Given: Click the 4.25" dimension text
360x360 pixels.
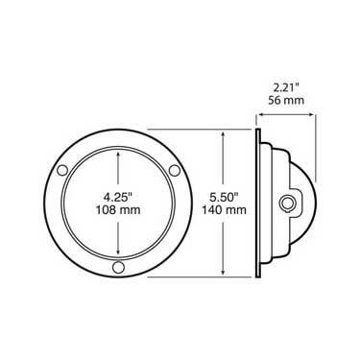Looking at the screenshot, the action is pyautogui.click(x=118, y=197).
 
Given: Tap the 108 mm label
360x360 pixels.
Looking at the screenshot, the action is pyautogui.click(x=118, y=210).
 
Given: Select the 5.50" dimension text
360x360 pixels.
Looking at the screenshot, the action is pyautogui.click(x=224, y=197).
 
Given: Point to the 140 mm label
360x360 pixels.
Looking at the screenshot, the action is pyautogui.click(x=224, y=210).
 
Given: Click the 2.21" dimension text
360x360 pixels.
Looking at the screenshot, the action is pyautogui.click(x=286, y=86).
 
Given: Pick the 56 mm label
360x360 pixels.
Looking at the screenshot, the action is pyautogui.click(x=286, y=100).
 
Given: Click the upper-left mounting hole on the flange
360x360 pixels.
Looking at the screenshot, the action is pyautogui.click(x=62, y=170).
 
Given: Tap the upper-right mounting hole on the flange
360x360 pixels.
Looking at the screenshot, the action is pyautogui.click(x=175, y=170).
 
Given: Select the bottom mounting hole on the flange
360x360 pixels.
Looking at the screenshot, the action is pyautogui.click(x=118, y=267).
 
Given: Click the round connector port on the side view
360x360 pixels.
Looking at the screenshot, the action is pyautogui.click(x=286, y=203).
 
